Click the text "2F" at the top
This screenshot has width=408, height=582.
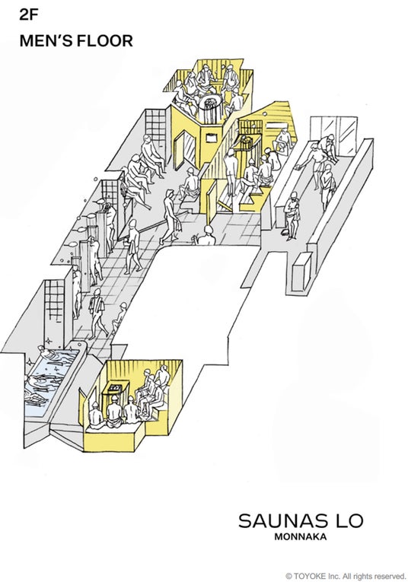coord(29,14)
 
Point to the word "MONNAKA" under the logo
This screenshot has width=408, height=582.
coord(301,536)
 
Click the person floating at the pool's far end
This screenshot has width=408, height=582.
coord(52,355)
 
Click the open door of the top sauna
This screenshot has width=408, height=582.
coord(180,151)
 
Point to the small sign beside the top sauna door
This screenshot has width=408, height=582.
coord(212,138)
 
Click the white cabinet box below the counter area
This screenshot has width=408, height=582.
coord(301,272)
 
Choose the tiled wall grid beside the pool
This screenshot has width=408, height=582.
coord(54,301)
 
